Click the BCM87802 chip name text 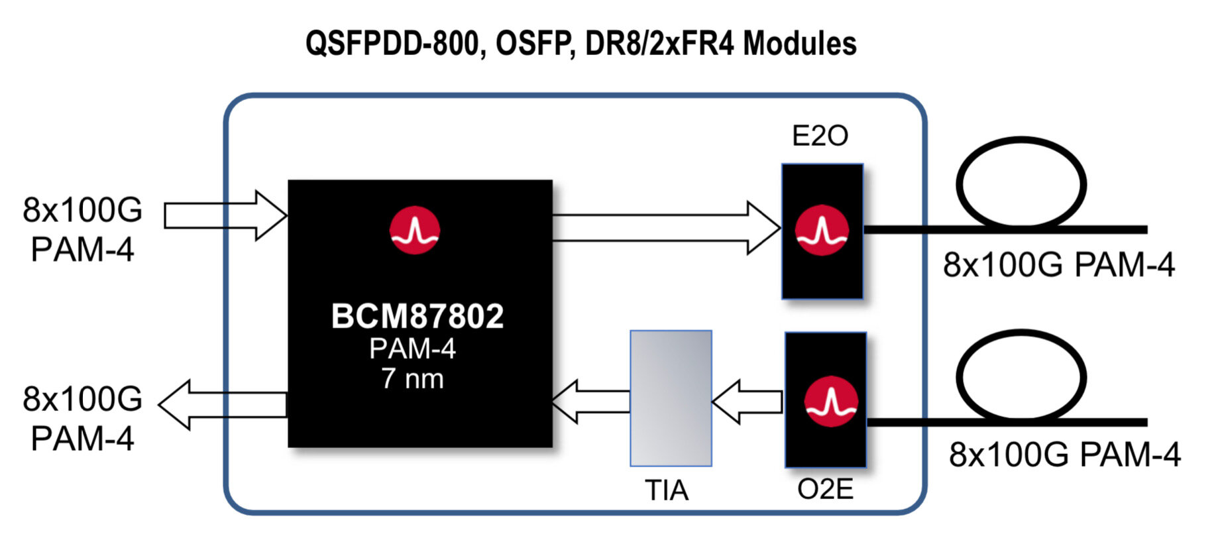pos(417,317)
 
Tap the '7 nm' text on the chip pos(412,379)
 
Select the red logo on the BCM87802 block pos(415,231)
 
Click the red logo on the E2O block pos(822,231)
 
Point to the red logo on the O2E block pos(830,402)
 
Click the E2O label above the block pos(820,136)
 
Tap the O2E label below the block pos(825,490)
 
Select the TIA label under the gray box pos(667,491)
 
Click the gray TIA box pos(671,398)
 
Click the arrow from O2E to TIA pos(748,402)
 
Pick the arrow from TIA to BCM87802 pos(590,402)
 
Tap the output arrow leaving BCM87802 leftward pos(223,404)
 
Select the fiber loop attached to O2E pos(1021,376)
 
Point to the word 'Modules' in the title pos(799,44)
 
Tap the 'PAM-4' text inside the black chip pos(412,349)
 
